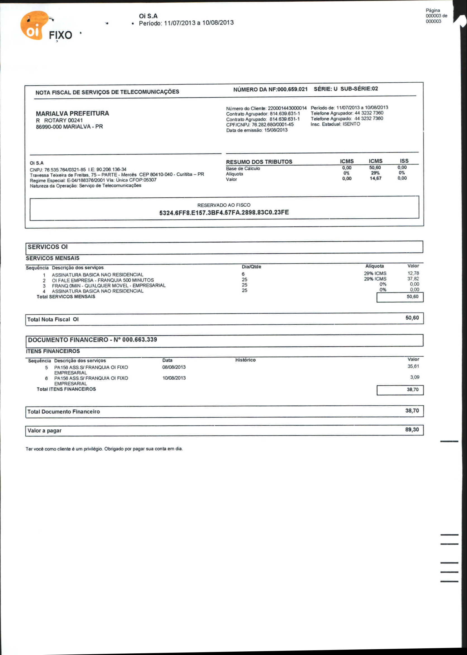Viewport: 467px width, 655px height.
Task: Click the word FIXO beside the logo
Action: pos(60,35)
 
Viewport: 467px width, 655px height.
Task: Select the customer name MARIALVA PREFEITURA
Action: pos(72,113)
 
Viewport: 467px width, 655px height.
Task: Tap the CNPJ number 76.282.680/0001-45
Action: pos(273,125)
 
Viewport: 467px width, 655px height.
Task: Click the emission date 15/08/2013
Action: pos(276,130)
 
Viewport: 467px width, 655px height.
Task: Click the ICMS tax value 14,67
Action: pos(375,178)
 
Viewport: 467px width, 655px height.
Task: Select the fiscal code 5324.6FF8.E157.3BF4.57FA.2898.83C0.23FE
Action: pos(224,213)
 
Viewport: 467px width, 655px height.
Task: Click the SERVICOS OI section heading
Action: pos(48,247)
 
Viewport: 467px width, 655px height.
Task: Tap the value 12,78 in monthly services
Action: pos(413,273)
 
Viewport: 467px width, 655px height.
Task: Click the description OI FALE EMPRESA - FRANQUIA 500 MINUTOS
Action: pos(103,280)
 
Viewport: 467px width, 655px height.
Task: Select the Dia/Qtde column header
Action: pos(251,267)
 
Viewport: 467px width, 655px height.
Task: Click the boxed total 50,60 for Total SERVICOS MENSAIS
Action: pos(412,297)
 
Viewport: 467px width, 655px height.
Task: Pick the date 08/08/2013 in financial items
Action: pos(174,367)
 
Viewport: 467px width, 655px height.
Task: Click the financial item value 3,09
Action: pos(414,377)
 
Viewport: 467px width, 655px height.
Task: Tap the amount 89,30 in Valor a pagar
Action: pos(412,430)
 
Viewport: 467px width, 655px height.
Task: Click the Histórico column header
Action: pos(245,360)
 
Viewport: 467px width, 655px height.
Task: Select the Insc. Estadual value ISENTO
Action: pos(351,124)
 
